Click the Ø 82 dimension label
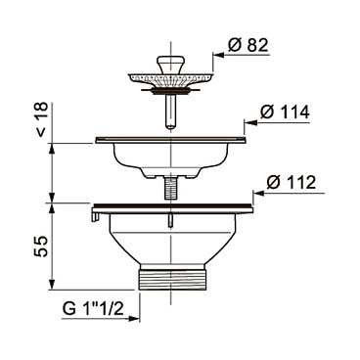(x=248, y=45)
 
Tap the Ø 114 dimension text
(x=285, y=112)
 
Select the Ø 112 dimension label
(x=292, y=182)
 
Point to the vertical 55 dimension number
(x=41, y=247)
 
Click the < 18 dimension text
(x=41, y=119)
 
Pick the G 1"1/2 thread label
(x=93, y=308)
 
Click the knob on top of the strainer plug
(x=170, y=64)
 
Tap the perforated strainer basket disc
(x=170, y=79)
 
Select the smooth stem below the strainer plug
(x=170, y=112)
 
